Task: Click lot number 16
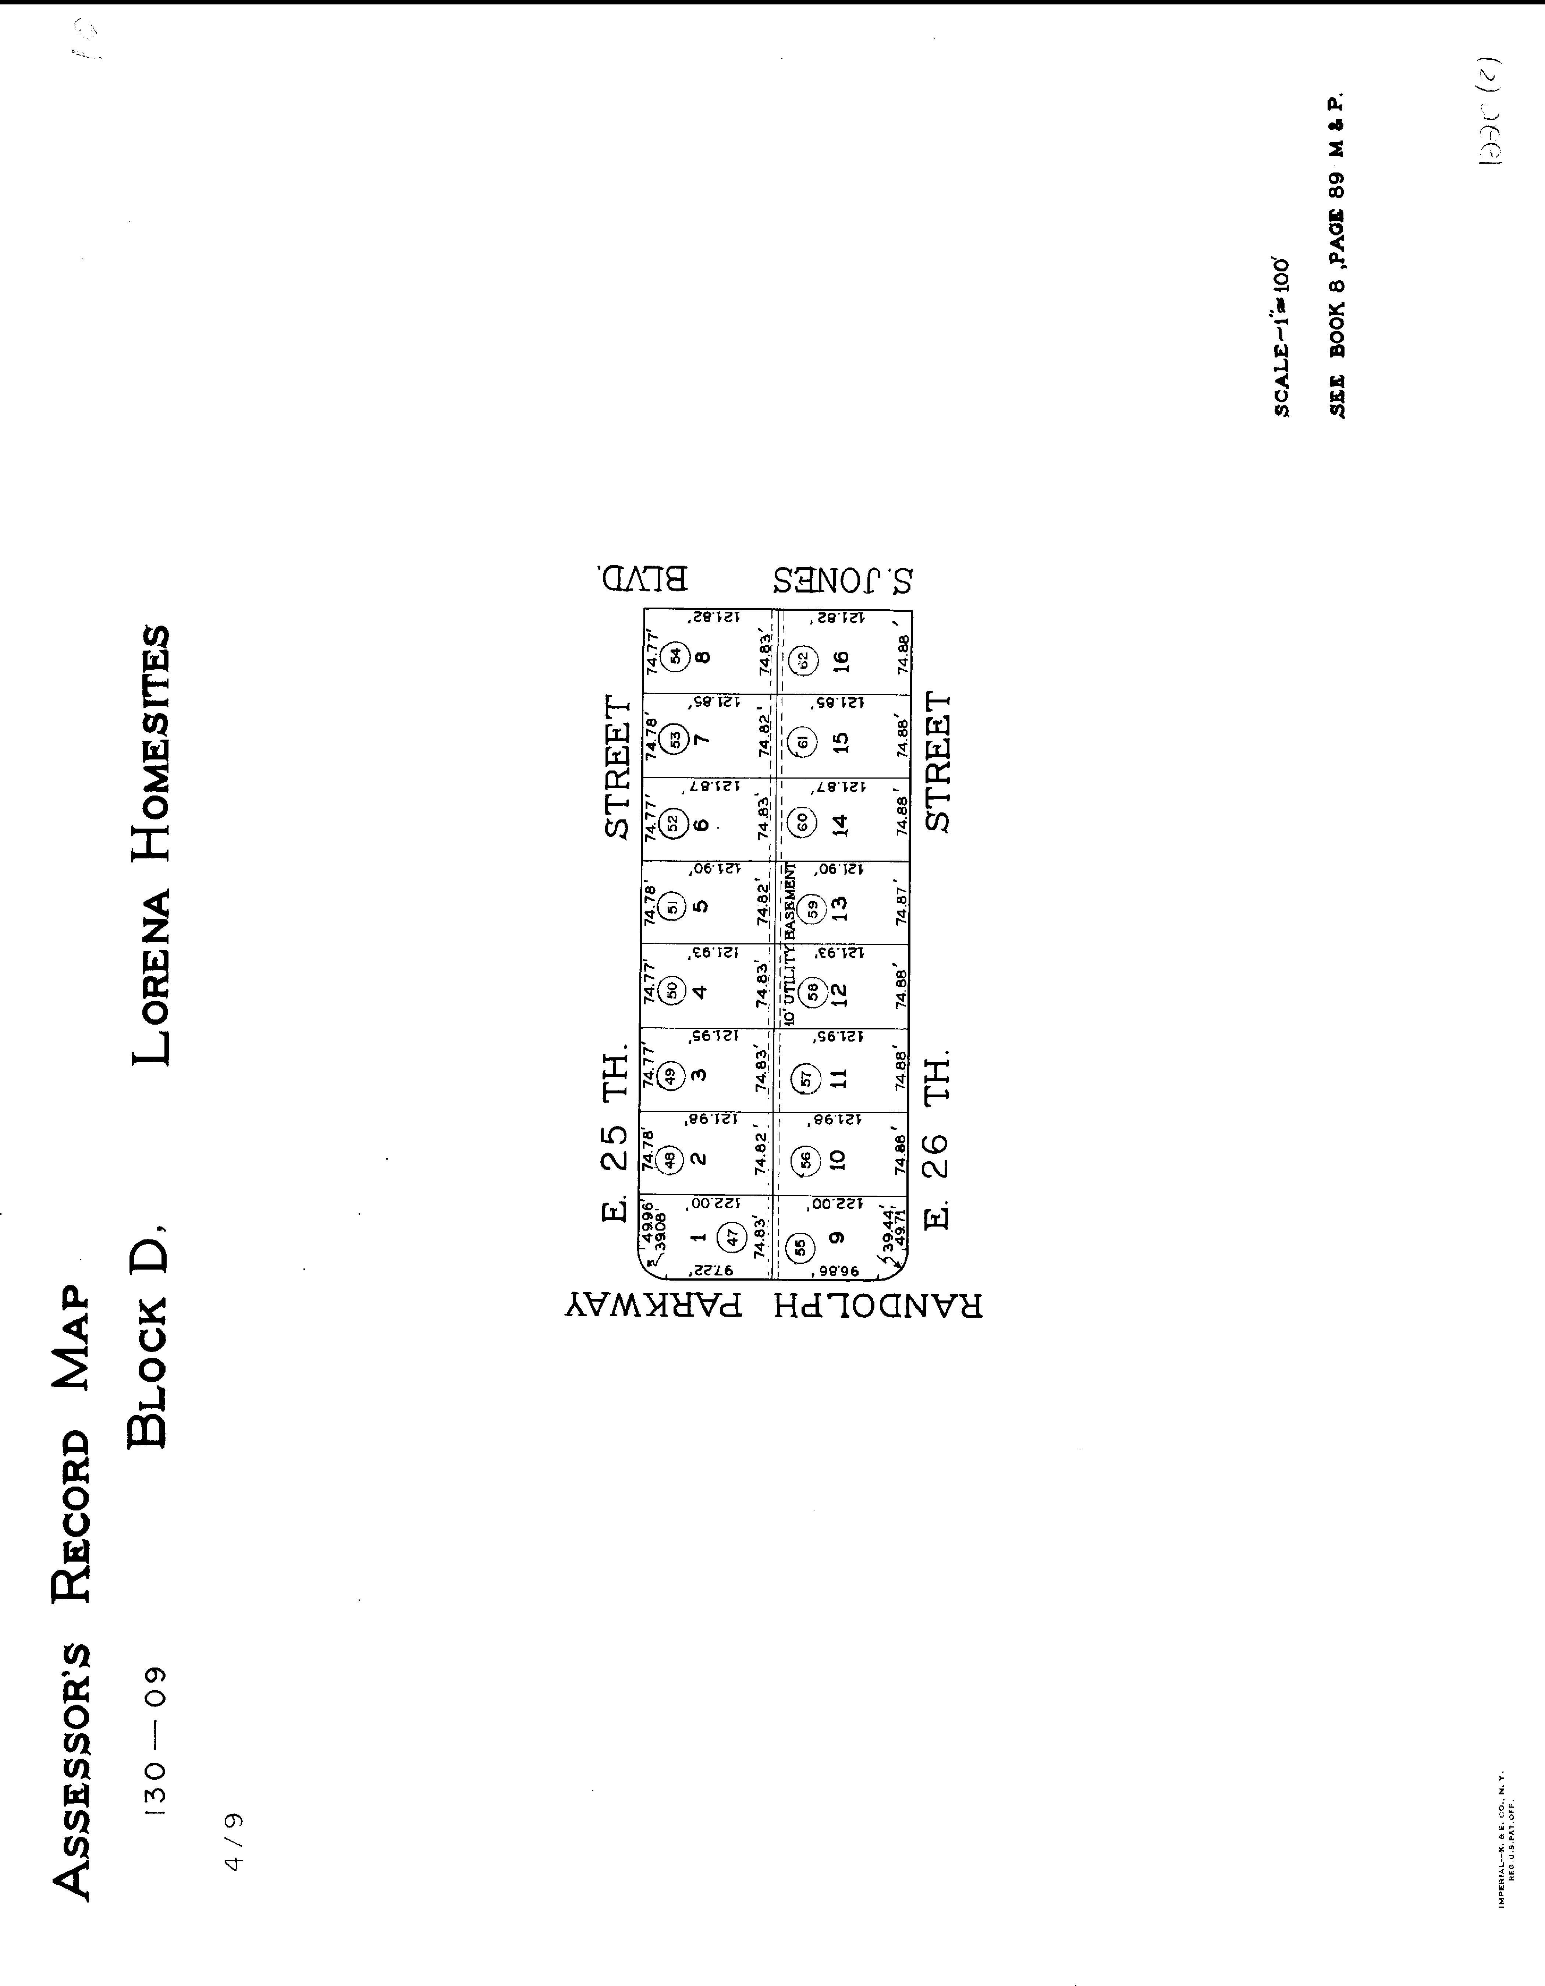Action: click(x=839, y=658)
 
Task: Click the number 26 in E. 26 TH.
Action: click(x=937, y=1155)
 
